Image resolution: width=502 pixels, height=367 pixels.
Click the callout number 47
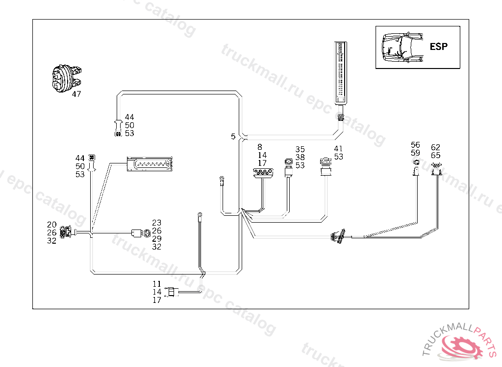click(76, 94)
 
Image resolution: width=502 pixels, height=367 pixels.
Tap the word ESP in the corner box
click(438, 46)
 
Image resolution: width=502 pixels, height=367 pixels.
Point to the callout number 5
click(233, 137)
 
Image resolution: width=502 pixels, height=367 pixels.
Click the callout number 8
click(260, 146)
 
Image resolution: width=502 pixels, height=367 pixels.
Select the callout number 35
click(300, 149)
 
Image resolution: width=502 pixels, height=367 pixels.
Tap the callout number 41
click(338, 149)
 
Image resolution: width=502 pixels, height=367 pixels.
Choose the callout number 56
click(415, 145)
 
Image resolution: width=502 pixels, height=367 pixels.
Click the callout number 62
click(435, 147)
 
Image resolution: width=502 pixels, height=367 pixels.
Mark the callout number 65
click(435, 155)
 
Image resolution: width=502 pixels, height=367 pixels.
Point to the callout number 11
click(156, 284)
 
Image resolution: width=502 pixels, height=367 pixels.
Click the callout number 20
click(52, 225)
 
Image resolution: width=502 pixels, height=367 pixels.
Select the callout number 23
click(156, 223)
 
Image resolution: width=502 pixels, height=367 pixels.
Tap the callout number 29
click(156, 239)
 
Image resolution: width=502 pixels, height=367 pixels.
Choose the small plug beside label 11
click(171, 292)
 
